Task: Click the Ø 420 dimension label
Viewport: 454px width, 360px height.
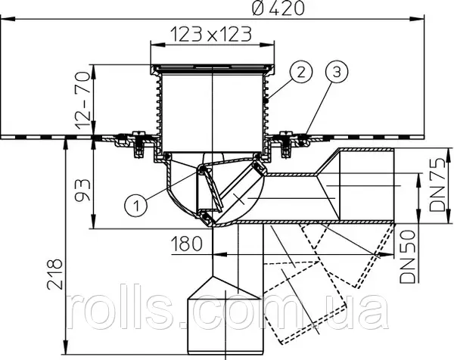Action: coord(278,8)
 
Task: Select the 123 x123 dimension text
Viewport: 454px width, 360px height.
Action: coord(210,34)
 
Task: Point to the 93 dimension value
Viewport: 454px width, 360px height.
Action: coord(82,190)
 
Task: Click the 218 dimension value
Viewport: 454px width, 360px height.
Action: coord(54,274)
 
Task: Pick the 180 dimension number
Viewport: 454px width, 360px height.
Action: coord(186,243)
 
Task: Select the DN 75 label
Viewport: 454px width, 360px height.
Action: coord(437,185)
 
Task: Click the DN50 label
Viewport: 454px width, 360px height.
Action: coord(407,256)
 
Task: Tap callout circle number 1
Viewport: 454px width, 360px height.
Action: coord(135,205)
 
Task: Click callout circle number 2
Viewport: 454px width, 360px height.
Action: coord(301,72)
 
